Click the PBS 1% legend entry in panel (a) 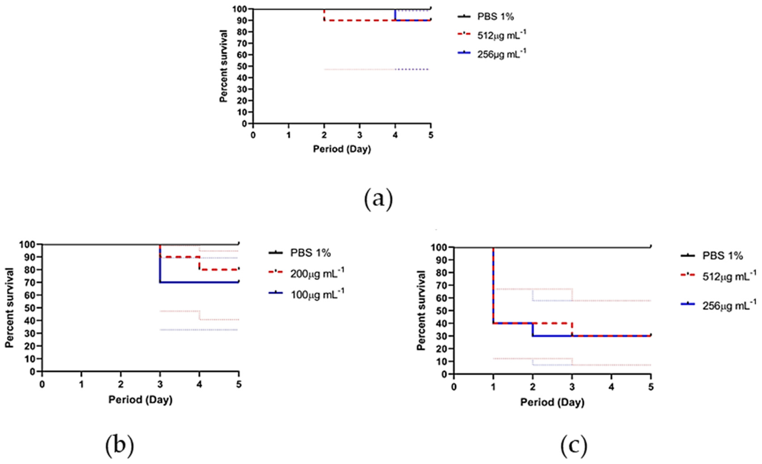coord(495,16)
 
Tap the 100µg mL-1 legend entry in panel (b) coord(317,294)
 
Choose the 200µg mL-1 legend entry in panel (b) coord(317,273)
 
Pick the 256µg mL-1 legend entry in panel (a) coord(501,54)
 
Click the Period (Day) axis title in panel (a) coord(342,149)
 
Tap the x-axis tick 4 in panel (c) coord(611,387)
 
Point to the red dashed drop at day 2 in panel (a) coord(324,15)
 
